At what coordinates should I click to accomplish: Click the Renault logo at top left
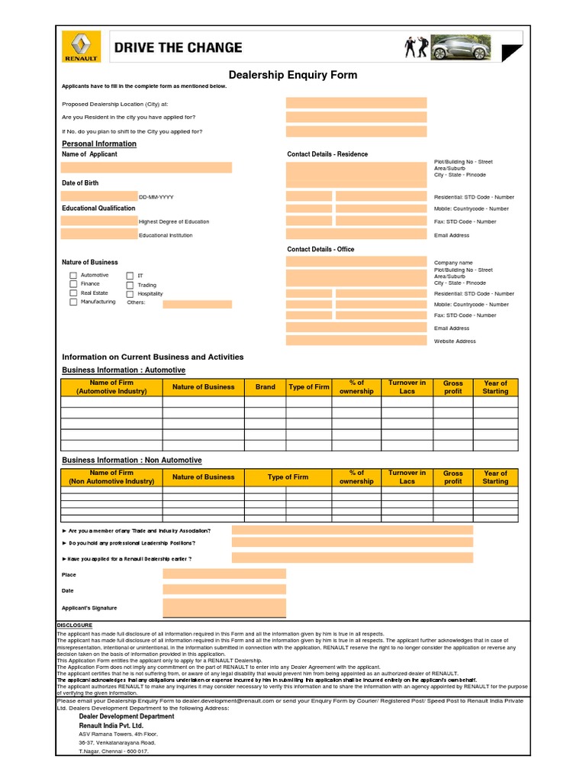point(80,47)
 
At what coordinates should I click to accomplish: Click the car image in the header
point(452,47)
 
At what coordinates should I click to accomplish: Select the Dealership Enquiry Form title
point(293,75)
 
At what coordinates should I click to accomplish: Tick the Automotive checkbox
point(73,275)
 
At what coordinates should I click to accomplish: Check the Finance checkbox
point(73,284)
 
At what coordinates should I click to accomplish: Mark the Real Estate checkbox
point(73,293)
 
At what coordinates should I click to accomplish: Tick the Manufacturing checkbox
point(73,302)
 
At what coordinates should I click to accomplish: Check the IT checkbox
point(130,276)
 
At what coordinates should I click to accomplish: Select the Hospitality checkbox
point(130,294)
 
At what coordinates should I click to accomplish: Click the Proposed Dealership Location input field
point(356,103)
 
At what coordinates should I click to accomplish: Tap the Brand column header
point(266,387)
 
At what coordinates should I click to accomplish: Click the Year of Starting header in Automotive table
point(495,387)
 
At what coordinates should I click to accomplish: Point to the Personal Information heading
point(99,144)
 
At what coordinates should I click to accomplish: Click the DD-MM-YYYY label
point(156,197)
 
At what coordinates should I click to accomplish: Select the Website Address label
point(455,341)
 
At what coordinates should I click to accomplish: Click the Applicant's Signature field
point(224,608)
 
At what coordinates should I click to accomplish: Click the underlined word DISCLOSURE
point(75,625)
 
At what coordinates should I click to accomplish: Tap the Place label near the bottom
point(69,574)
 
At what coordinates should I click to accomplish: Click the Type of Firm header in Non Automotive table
point(288,477)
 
